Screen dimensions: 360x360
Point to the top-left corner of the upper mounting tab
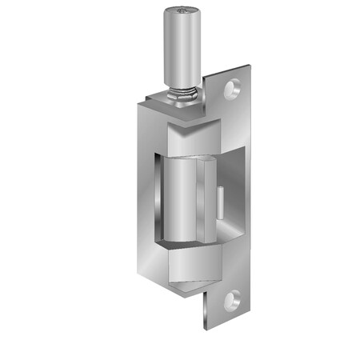tap(206, 77)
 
